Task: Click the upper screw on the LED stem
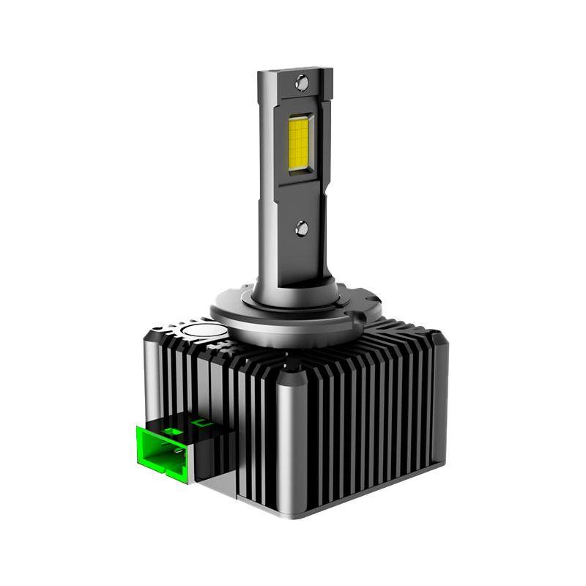301,84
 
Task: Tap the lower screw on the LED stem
301,229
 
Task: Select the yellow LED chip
300,145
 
